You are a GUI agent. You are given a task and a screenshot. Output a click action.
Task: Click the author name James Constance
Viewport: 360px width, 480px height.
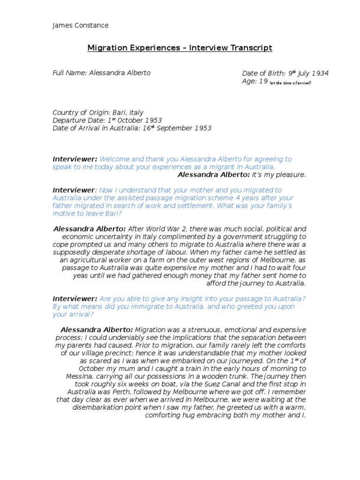pyautogui.click(x=80, y=25)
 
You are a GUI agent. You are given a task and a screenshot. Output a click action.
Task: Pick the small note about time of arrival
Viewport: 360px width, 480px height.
pyautogui.click(x=291, y=82)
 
